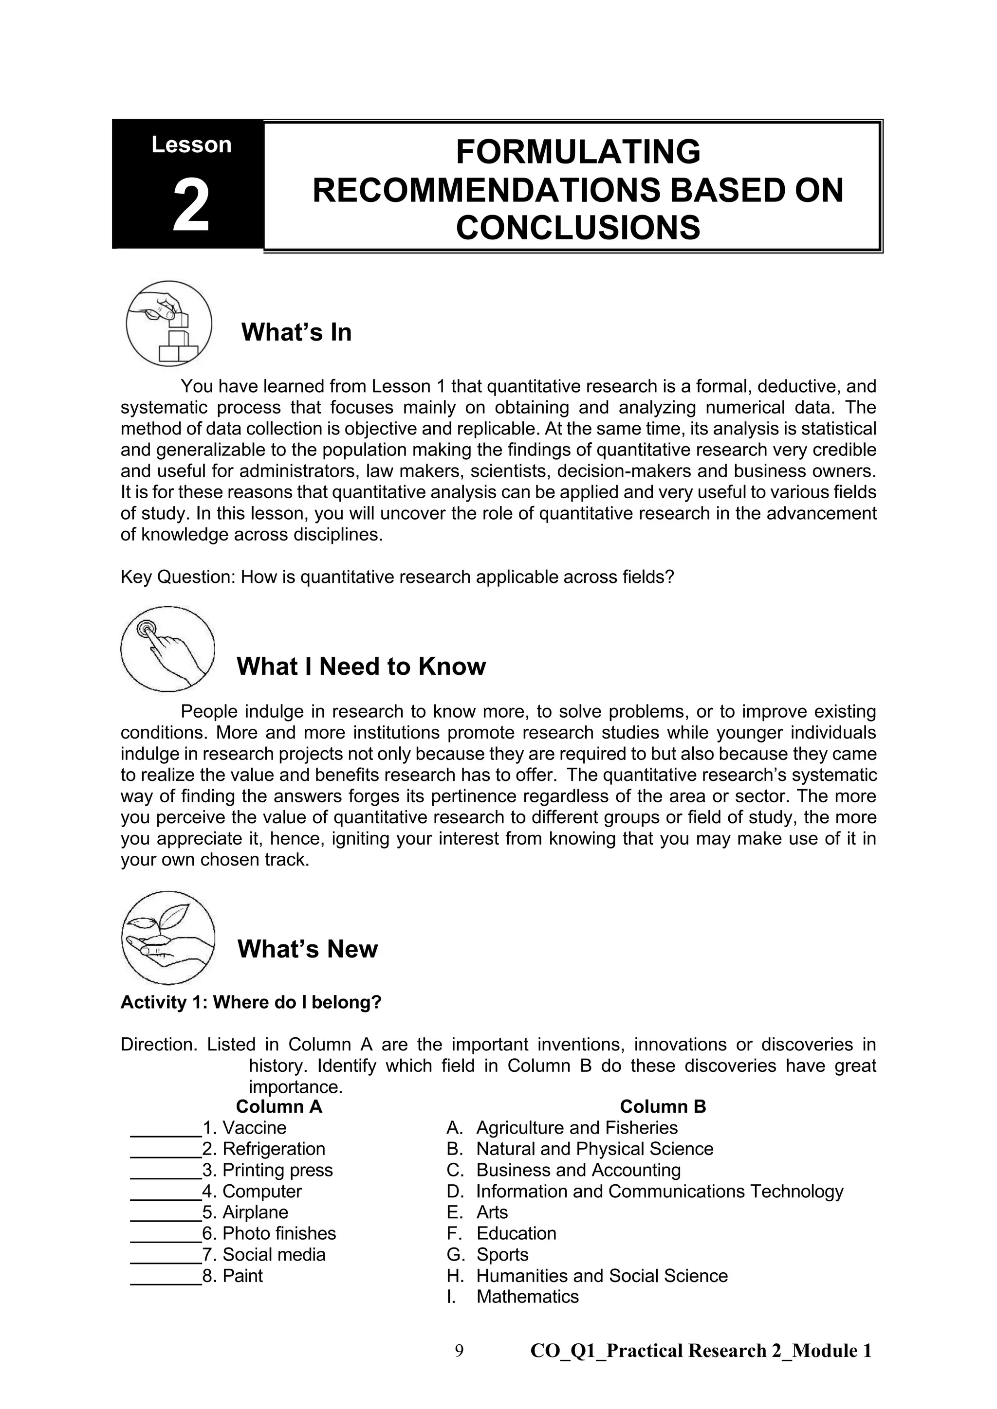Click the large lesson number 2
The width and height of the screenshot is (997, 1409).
(x=191, y=207)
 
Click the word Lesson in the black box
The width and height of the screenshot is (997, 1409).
(x=191, y=145)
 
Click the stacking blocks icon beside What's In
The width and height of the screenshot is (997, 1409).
(x=169, y=324)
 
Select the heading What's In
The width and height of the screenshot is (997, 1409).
(x=296, y=333)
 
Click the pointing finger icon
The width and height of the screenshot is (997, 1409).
(x=167, y=649)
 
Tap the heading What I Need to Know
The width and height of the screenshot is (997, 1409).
(x=361, y=667)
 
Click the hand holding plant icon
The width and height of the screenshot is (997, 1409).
(x=167, y=938)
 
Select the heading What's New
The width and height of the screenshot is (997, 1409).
(x=307, y=949)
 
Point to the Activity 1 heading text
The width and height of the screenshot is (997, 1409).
(x=251, y=1002)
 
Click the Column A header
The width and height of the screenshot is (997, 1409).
(x=279, y=1106)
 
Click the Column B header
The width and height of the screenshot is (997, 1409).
(x=663, y=1106)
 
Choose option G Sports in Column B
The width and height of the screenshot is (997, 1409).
(x=501, y=1255)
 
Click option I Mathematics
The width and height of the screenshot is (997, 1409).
(x=527, y=1297)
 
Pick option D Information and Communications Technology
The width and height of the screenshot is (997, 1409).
(x=659, y=1192)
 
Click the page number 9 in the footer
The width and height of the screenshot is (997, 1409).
(x=459, y=1351)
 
